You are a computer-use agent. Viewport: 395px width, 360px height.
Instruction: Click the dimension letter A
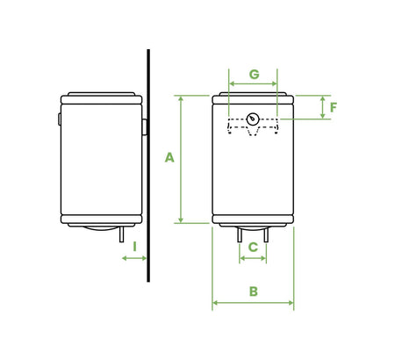click(169, 157)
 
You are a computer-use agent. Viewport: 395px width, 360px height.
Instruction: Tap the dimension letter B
click(254, 292)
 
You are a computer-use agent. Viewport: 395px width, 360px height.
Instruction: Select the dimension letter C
click(253, 248)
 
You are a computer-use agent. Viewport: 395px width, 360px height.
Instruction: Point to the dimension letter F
click(334, 107)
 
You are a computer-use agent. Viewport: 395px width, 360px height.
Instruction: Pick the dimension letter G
click(255, 75)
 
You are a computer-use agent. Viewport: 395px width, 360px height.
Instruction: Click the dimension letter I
click(134, 247)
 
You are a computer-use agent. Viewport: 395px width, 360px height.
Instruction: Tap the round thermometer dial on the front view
click(253, 119)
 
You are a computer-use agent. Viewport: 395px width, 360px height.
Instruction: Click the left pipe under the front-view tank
click(240, 234)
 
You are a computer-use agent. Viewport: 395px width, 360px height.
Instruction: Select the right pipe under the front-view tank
click(266, 234)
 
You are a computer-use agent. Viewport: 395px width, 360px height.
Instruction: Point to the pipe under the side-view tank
click(122, 234)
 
